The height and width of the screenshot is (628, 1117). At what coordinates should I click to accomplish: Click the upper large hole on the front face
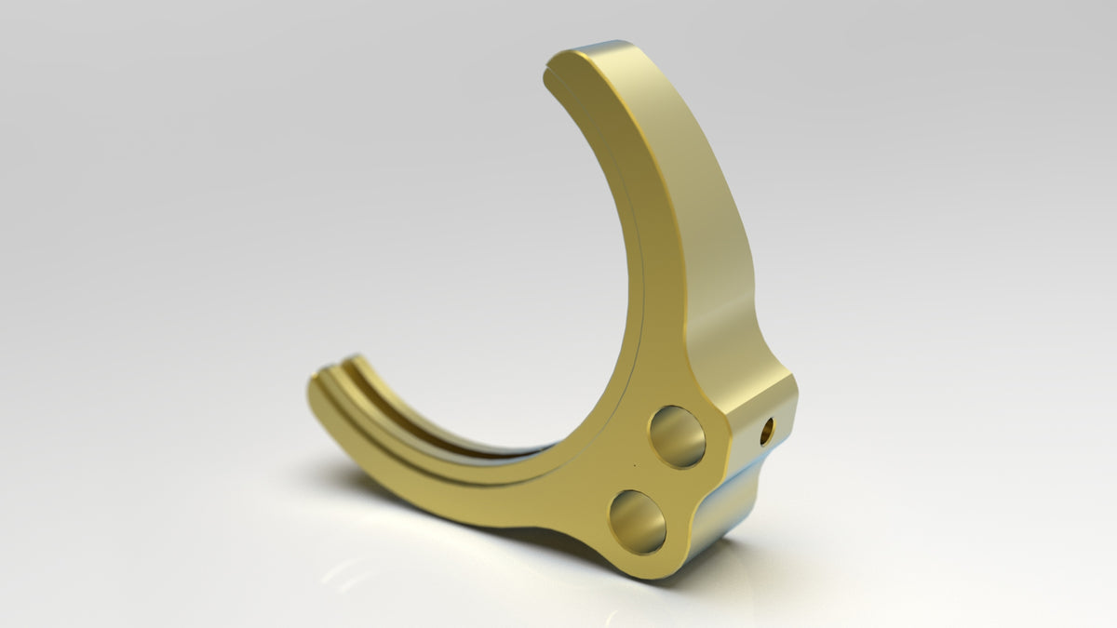pyautogui.click(x=677, y=436)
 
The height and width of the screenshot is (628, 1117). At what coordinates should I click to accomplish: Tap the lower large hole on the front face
pyautogui.click(x=638, y=521)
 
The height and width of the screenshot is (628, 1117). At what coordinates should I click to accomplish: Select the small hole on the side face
pyautogui.click(x=767, y=431)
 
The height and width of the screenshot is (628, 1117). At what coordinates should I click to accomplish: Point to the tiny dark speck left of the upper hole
pyautogui.click(x=635, y=464)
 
